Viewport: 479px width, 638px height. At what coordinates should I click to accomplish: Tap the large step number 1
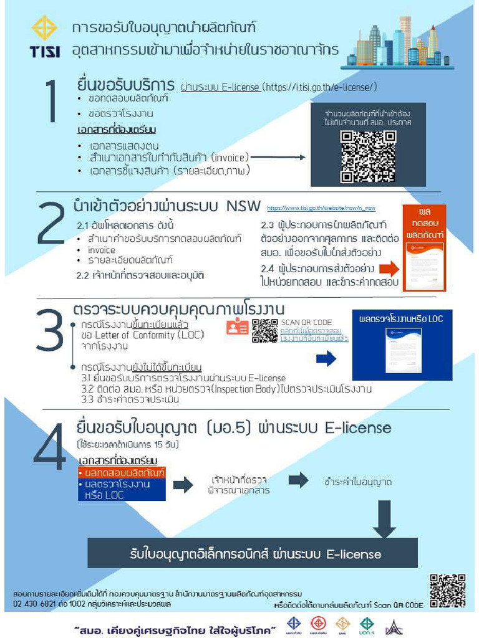51,102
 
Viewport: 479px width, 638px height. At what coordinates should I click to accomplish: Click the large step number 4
51,446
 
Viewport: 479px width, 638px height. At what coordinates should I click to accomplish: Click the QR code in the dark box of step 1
359,156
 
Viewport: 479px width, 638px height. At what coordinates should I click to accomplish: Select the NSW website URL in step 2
321,208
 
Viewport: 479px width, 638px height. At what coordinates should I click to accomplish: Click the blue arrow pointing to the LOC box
326,358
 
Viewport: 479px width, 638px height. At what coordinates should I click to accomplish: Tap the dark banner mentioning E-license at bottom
252,553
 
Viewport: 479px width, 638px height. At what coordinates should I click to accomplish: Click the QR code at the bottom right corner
447,591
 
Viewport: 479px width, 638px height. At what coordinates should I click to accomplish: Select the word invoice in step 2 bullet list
102,250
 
